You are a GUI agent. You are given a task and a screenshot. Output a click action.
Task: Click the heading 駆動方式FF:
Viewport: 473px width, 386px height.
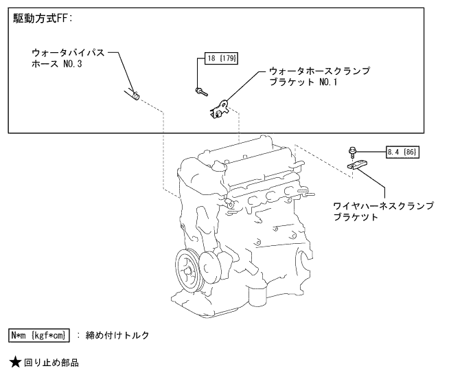[42, 19]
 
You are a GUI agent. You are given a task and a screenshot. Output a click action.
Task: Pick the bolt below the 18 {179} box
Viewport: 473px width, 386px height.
[201, 91]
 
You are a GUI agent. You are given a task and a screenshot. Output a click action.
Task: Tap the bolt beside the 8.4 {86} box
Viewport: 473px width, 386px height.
[352, 150]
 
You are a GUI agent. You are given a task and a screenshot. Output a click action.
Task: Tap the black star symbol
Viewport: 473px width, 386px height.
[14, 362]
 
